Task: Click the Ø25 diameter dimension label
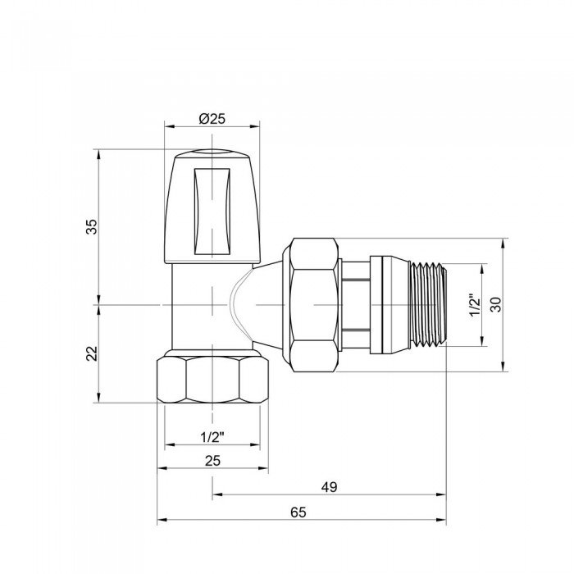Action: coord(212,118)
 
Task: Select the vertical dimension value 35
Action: coord(93,226)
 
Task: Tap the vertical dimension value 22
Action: coord(93,353)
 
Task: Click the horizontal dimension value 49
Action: coord(329,486)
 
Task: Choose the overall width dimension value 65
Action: coord(298,512)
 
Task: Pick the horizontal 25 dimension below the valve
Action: coord(212,461)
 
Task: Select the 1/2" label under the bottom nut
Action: coord(212,436)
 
